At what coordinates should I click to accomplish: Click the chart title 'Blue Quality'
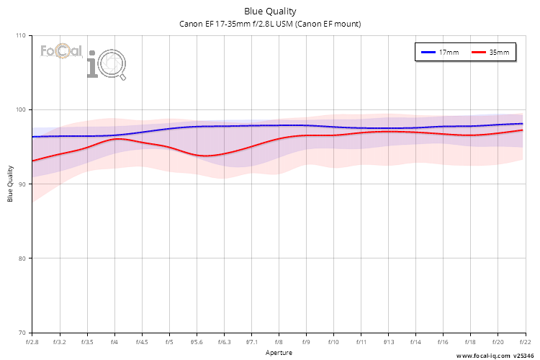click(270, 12)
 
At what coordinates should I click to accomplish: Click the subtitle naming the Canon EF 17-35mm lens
click(270, 24)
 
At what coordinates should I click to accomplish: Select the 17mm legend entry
click(441, 53)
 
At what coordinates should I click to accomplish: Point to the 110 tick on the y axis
click(19, 36)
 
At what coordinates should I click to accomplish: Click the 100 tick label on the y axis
click(19, 110)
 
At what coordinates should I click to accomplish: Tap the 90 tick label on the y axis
click(21, 184)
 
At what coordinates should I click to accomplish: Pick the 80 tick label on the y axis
click(21, 258)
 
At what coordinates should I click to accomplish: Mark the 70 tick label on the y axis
click(21, 333)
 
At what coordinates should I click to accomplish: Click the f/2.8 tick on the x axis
click(32, 342)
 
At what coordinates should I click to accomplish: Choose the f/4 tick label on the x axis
click(114, 342)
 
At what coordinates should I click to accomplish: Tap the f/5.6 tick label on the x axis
click(196, 342)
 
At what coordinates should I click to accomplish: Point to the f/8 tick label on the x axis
click(278, 342)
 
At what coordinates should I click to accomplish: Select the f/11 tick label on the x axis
click(360, 342)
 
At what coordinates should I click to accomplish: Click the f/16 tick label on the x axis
click(443, 342)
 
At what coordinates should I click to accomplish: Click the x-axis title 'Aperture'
click(279, 353)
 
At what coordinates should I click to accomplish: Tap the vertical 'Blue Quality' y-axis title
click(11, 184)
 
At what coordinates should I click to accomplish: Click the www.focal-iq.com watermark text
click(482, 356)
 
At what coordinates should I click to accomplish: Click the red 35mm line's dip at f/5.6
click(205, 156)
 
